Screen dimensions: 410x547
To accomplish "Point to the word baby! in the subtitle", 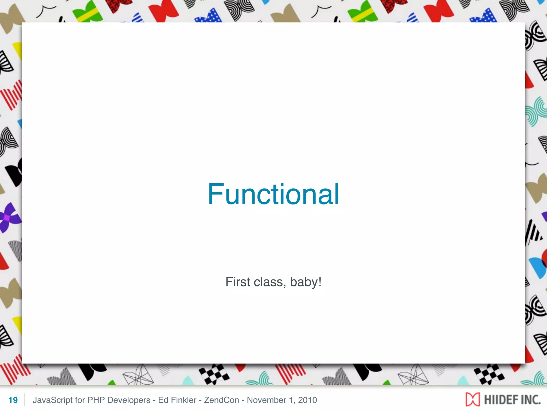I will (306, 282).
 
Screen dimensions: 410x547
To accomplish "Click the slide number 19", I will (13, 400).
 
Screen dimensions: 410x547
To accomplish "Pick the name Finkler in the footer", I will (184, 400).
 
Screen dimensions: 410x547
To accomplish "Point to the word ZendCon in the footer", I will (221, 400).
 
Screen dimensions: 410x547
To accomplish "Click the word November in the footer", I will (266, 400).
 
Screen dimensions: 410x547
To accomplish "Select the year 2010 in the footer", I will (307, 400).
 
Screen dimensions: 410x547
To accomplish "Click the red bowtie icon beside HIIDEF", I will (472, 400).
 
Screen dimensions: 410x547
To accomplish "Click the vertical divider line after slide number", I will (25, 400).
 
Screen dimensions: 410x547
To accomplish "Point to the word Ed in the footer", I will (163, 400).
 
